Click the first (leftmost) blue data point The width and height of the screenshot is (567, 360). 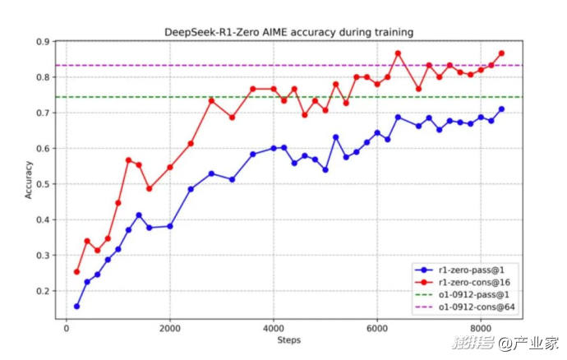[x=77, y=307]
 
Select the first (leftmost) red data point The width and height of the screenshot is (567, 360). [x=77, y=271]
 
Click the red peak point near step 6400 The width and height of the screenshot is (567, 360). [x=398, y=53]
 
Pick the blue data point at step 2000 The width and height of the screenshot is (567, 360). [x=170, y=226]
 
